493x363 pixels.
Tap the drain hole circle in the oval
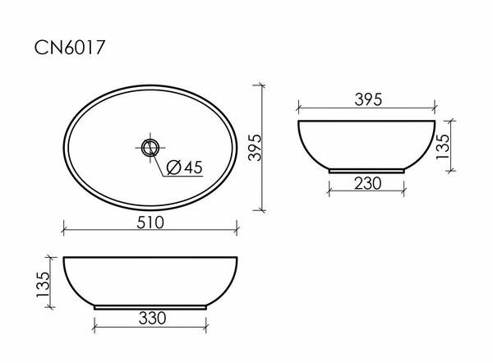(x=150, y=148)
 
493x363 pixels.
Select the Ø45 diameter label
(x=184, y=168)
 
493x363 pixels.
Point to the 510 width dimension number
(x=150, y=222)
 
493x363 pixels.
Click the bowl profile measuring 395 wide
(x=366, y=144)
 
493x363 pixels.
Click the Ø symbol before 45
(x=173, y=168)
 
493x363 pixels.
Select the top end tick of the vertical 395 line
(x=263, y=85)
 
